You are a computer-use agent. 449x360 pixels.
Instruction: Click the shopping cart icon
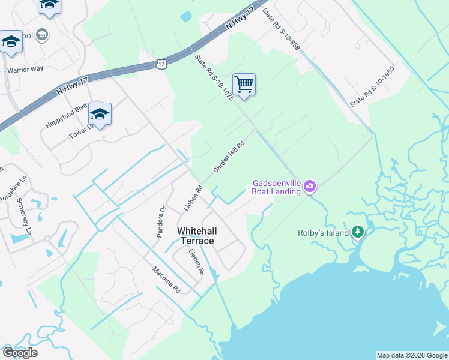244,85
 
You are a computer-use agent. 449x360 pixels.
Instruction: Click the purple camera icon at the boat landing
310,186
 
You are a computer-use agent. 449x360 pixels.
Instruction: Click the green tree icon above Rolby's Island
358,231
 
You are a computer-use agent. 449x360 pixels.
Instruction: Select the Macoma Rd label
166,279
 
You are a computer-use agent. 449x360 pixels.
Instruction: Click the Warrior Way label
25,69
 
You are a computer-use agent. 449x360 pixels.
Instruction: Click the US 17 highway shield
161,62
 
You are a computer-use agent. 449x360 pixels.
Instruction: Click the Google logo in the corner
20,353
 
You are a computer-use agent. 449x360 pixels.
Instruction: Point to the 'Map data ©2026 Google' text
411,355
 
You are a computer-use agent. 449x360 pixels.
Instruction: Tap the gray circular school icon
42,35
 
